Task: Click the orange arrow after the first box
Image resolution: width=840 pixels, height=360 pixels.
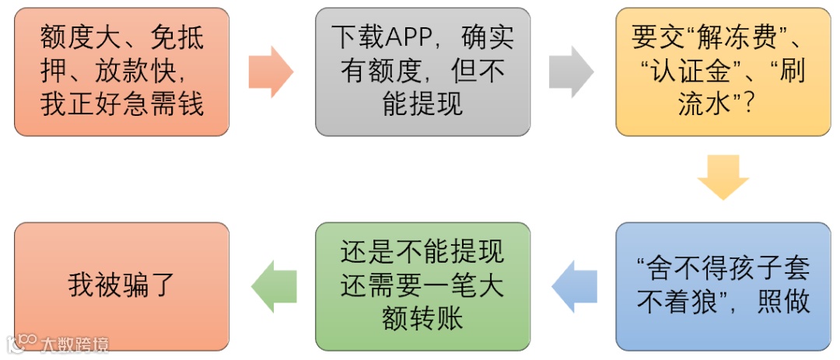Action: click(x=270, y=72)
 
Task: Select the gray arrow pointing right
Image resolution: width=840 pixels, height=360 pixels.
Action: click(x=571, y=72)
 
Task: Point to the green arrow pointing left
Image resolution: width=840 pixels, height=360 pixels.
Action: click(x=273, y=286)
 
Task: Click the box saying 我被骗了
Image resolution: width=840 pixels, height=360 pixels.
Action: click(x=122, y=286)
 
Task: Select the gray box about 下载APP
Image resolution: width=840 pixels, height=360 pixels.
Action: click(x=422, y=72)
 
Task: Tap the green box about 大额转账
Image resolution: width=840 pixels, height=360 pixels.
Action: click(x=422, y=286)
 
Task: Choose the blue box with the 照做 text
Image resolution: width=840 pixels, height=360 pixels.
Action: click(x=723, y=286)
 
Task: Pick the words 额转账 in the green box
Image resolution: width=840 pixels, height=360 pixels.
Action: click(x=422, y=320)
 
